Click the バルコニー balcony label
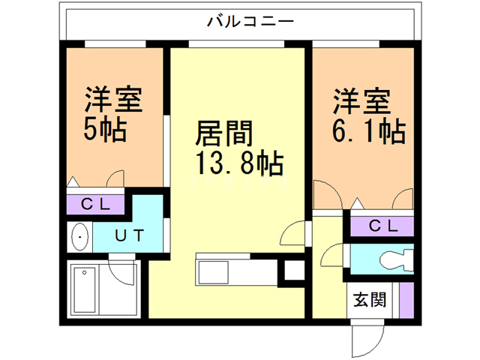(239, 21)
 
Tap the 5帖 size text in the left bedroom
(104, 131)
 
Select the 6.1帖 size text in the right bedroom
(368, 131)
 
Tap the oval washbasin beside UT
(79, 238)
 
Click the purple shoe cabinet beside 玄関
(406, 300)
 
